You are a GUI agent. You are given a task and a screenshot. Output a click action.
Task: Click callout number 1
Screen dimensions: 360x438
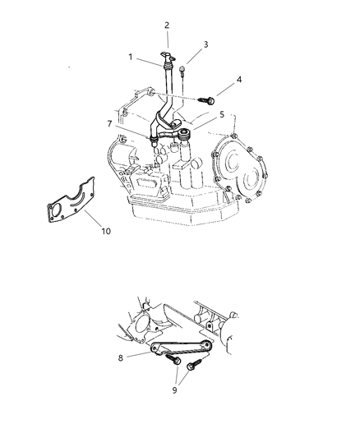[130, 58]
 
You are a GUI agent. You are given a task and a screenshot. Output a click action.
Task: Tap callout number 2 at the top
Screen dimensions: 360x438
[167, 25]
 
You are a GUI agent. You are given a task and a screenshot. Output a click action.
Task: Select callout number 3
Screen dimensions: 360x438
[205, 44]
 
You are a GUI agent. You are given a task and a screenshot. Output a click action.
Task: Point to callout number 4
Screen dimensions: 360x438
[239, 80]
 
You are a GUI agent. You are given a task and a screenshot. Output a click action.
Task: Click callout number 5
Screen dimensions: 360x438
[222, 114]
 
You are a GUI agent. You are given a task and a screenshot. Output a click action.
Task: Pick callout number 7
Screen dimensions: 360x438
[110, 124]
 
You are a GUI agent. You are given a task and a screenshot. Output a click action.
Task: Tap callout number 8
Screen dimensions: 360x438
[120, 358]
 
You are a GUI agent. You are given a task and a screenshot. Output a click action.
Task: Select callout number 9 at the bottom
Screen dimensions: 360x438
[174, 390]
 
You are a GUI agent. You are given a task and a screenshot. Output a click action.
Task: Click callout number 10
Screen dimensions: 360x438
[106, 231]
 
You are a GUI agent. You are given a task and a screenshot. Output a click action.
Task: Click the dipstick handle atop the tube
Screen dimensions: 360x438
[168, 56]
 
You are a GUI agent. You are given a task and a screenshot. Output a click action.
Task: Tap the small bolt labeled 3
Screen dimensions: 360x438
[182, 71]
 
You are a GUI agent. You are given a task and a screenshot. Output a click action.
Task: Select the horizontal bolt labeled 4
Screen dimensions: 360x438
[206, 99]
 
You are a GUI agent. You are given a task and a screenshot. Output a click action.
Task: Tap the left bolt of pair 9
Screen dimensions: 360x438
[173, 359]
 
